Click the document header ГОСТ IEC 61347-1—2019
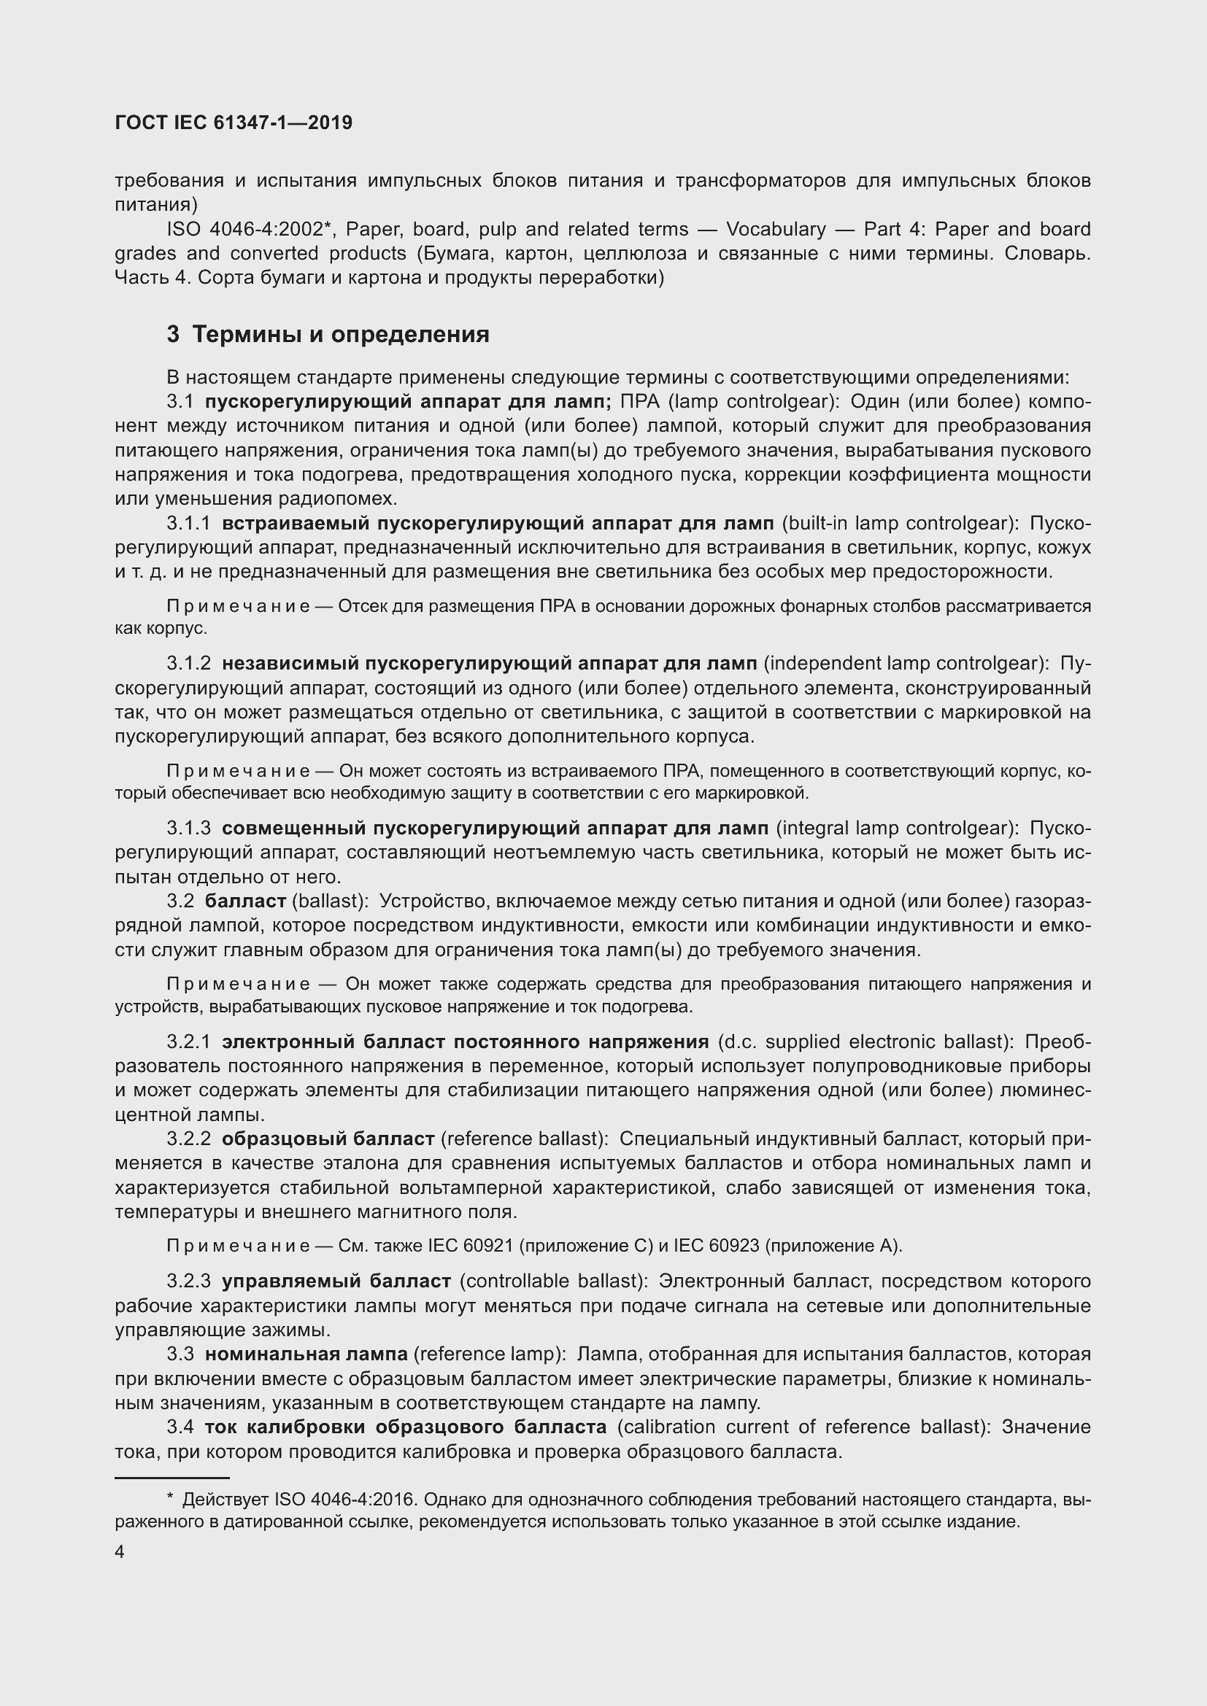(x=234, y=123)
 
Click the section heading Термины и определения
(x=340, y=334)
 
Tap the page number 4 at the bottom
(x=120, y=1552)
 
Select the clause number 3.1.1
(x=189, y=523)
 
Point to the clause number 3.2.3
(x=189, y=1281)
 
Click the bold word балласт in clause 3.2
(x=245, y=902)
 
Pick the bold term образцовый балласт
(x=328, y=1139)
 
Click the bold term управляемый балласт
(x=336, y=1281)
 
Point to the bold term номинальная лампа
(x=306, y=1354)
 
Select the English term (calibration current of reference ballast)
(x=803, y=1427)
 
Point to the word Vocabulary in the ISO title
(x=776, y=229)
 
